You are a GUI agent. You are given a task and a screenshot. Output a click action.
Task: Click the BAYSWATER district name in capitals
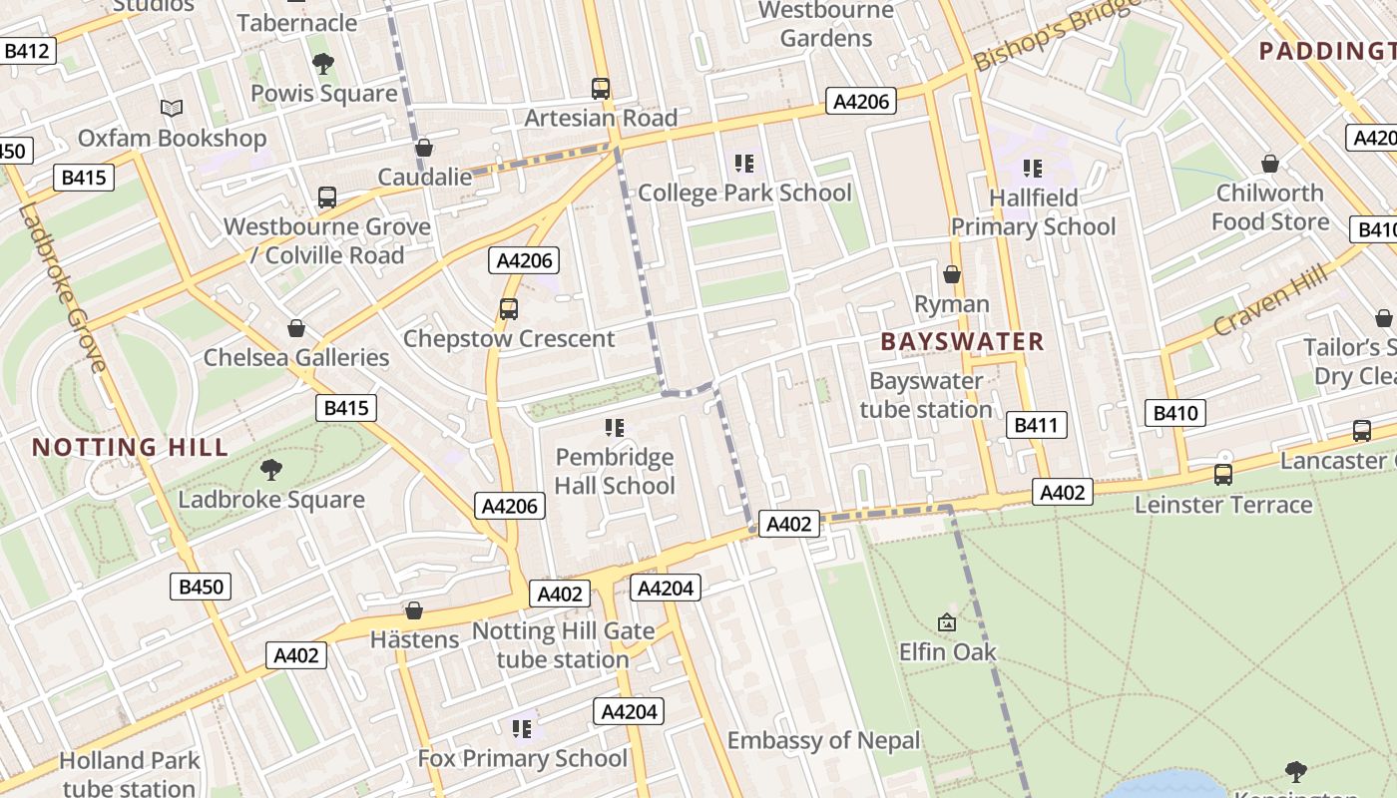click(962, 342)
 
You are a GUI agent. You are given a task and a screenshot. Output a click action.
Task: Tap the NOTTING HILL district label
click(131, 447)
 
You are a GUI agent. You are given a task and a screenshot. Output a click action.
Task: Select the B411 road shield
click(1036, 426)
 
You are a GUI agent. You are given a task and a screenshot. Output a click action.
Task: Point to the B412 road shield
click(27, 51)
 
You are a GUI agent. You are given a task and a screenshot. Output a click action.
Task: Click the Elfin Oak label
click(947, 652)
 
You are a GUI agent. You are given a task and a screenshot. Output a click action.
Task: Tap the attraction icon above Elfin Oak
click(947, 623)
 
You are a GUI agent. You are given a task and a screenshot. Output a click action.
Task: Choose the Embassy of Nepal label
click(823, 740)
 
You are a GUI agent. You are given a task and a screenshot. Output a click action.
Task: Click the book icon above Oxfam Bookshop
click(172, 108)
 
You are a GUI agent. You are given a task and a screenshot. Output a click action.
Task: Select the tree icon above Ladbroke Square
click(270, 470)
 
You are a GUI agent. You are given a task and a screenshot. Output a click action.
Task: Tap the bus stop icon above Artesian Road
click(601, 89)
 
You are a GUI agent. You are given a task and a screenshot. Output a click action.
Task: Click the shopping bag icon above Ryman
click(952, 274)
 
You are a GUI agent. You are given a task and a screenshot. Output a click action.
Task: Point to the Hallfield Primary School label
click(1033, 212)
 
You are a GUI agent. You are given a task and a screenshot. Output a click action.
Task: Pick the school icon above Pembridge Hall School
click(615, 428)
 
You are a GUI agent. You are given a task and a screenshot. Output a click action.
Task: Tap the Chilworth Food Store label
click(1270, 206)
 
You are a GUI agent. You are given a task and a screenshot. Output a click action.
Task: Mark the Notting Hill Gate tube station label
click(563, 645)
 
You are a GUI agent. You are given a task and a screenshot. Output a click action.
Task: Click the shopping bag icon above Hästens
click(414, 610)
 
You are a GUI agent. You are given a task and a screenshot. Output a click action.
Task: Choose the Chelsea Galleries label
click(296, 357)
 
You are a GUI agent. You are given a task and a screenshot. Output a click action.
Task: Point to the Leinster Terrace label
click(1223, 505)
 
